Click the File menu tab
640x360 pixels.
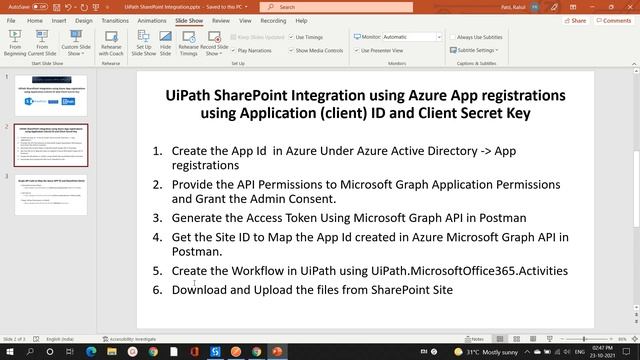click(x=11, y=19)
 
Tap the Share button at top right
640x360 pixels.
click(x=573, y=19)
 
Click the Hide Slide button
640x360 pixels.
click(x=166, y=46)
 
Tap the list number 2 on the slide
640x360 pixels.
click(x=157, y=185)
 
